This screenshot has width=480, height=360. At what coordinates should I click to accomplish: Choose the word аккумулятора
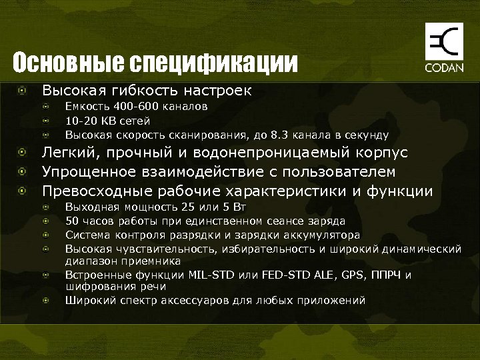coord(322,235)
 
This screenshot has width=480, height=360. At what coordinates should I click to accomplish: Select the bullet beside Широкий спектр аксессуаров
coord(46,300)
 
